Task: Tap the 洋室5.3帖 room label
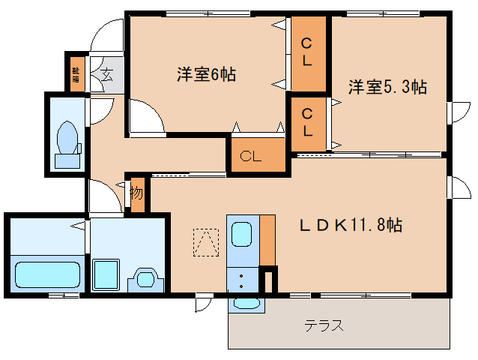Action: click(x=387, y=88)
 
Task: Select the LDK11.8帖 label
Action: click(x=351, y=224)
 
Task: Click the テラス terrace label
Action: click(x=324, y=325)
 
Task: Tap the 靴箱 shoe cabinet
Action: click(x=76, y=73)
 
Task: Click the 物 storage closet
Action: click(x=136, y=193)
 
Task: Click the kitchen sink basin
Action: click(x=241, y=235)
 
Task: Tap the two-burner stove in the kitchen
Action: click(x=241, y=281)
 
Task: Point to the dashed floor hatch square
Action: click(x=205, y=241)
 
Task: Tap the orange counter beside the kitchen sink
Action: click(x=268, y=240)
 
